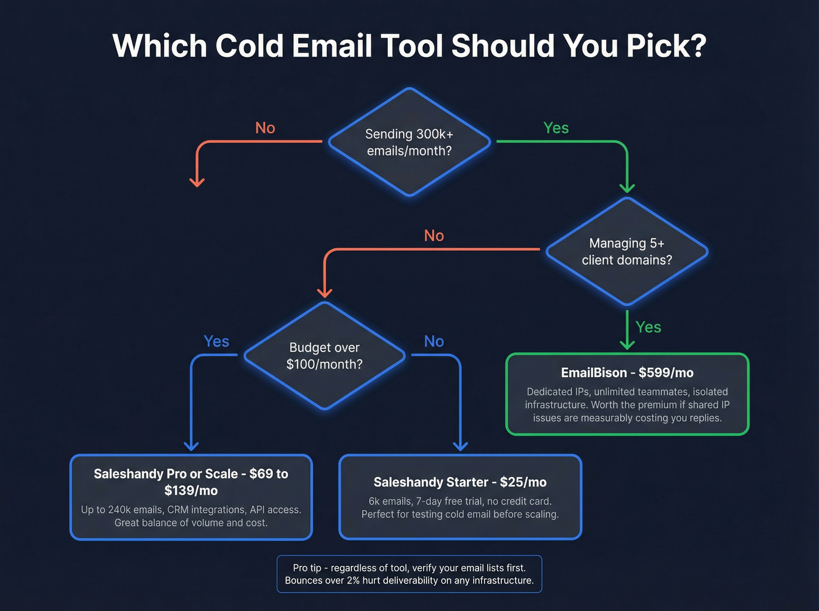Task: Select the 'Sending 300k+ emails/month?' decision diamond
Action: tap(409, 142)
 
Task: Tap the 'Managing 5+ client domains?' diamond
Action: tap(627, 251)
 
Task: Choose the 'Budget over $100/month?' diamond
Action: tap(325, 355)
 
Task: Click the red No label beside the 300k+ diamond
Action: tap(265, 128)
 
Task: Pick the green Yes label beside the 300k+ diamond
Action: tap(556, 128)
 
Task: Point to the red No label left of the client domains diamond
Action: tap(434, 236)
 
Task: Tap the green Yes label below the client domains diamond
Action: tap(648, 327)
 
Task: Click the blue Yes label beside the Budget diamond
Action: tap(216, 341)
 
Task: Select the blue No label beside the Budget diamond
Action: tap(434, 341)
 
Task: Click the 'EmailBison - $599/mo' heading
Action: tap(627, 373)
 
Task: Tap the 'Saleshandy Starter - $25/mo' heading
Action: tap(460, 482)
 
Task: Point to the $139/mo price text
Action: tap(191, 491)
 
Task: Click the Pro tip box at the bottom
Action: tap(409, 574)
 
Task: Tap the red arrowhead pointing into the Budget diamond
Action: tap(325, 292)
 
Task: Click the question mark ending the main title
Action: tap(697, 46)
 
